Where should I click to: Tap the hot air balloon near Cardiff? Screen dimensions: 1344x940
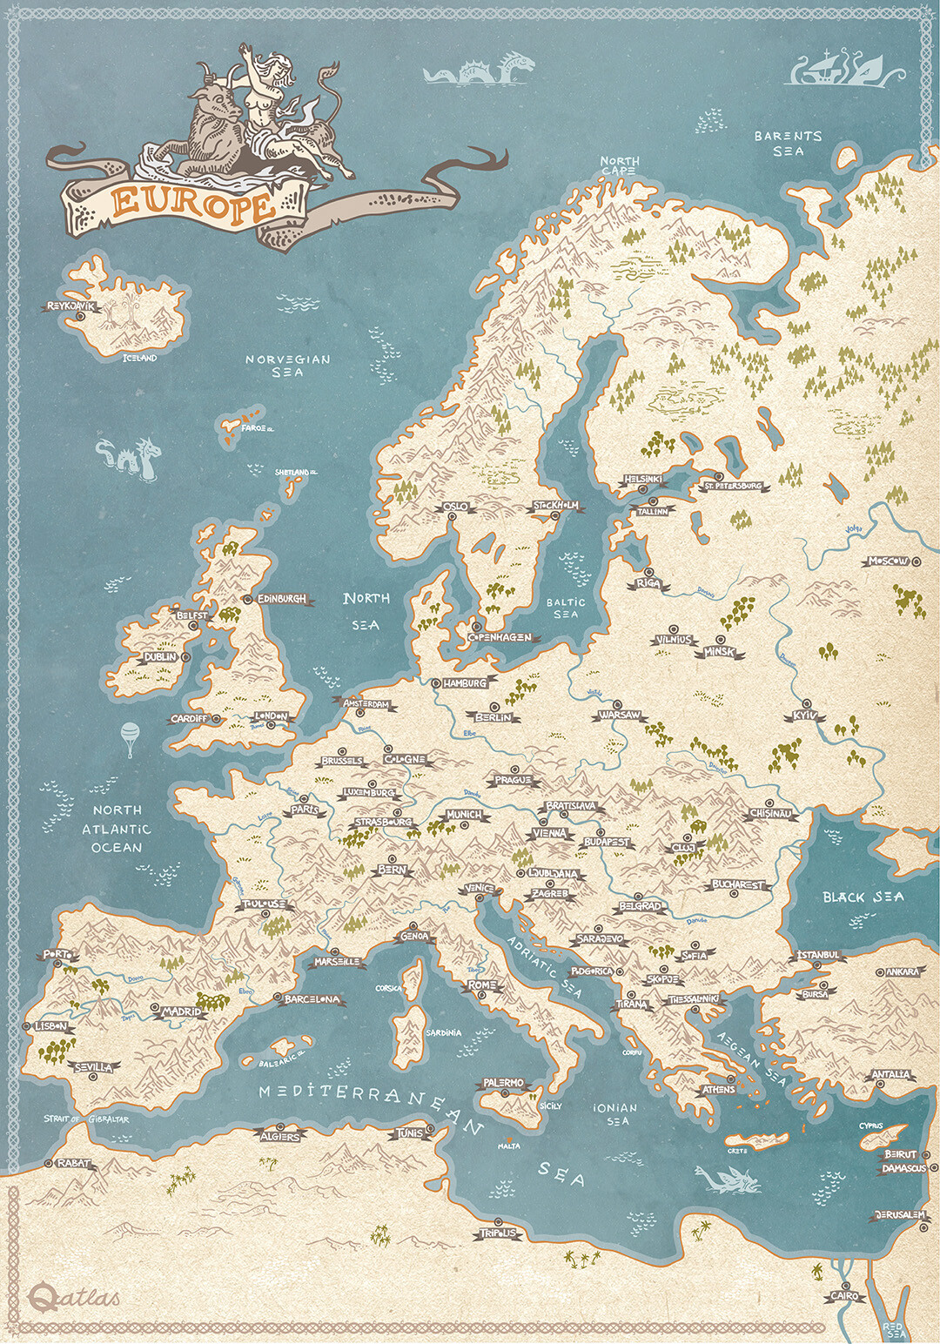tap(130, 737)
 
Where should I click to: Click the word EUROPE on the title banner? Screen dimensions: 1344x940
tap(192, 203)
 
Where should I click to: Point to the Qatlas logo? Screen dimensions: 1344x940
tap(73, 1297)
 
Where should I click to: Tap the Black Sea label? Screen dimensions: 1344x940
tap(863, 897)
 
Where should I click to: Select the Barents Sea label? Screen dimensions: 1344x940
tap(788, 144)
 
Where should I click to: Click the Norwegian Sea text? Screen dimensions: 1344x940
tap(287, 365)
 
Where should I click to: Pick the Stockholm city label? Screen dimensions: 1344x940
tap(556, 506)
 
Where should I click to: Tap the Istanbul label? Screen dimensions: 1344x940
tap(818, 955)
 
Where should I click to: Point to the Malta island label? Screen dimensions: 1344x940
tap(508, 1146)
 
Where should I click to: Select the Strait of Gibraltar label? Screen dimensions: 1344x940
tap(86, 1119)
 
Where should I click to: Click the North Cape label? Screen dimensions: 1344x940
tap(619, 165)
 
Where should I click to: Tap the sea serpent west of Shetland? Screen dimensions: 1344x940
tap(129, 456)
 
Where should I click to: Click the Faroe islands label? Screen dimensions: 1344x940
tap(258, 428)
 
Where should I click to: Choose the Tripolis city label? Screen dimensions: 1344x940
tap(498, 1233)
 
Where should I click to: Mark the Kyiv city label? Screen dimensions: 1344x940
tap(805, 716)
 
